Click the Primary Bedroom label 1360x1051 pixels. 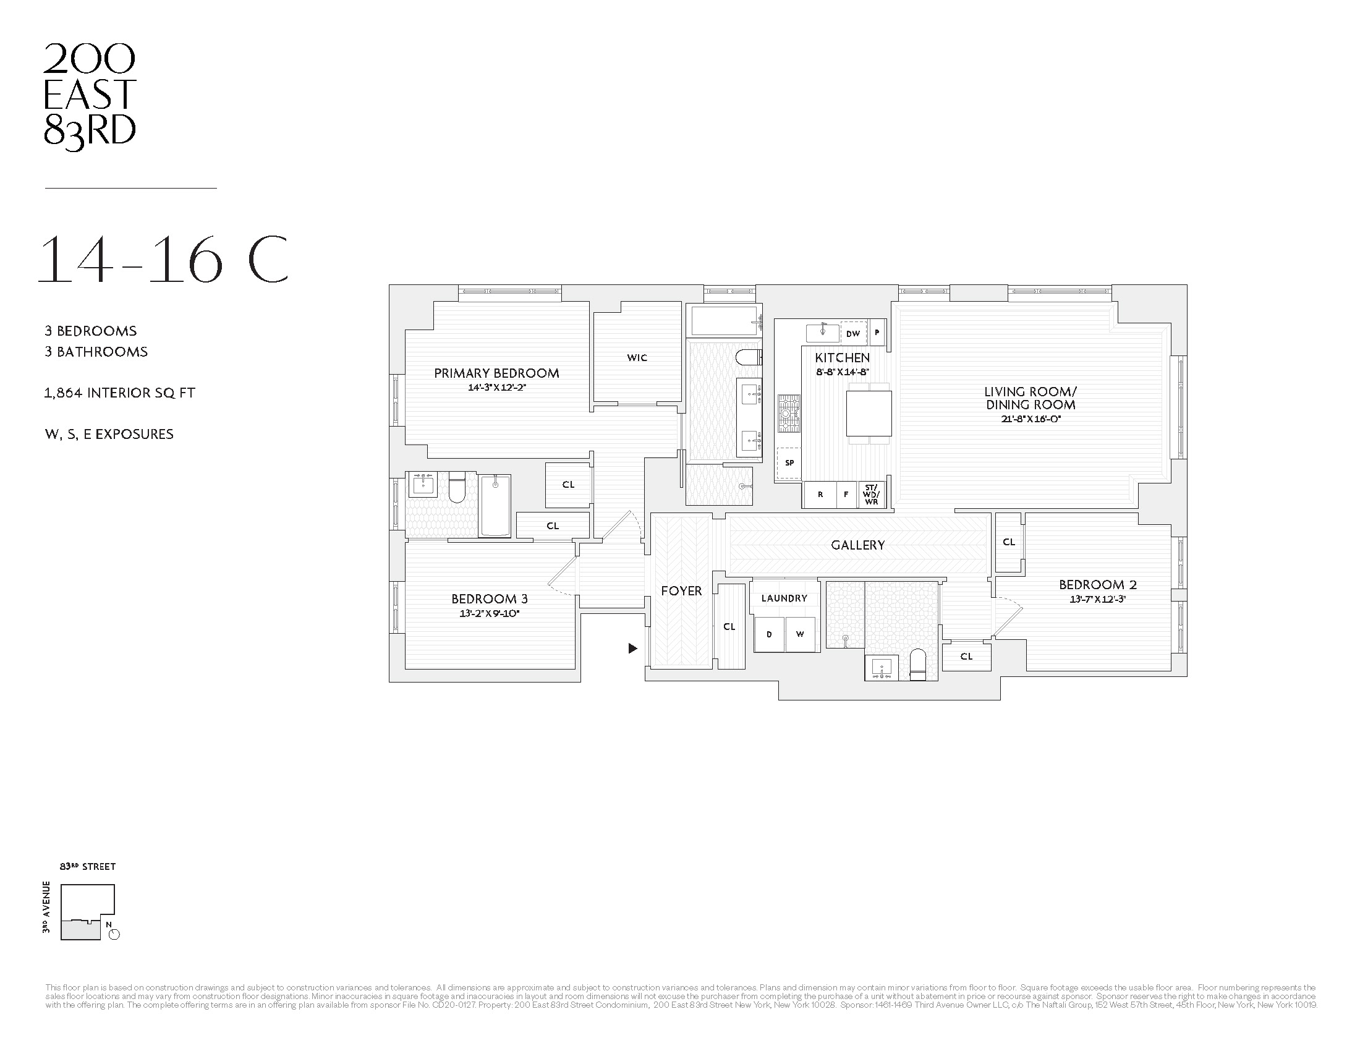tap(496, 373)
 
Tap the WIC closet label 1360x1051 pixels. tap(637, 357)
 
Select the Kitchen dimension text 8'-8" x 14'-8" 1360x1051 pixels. tap(843, 372)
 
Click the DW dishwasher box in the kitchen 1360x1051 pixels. tap(853, 333)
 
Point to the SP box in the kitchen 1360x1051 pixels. tap(789, 462)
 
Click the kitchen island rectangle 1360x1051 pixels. tap(869, 414)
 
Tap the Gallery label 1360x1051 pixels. tap(857, 545)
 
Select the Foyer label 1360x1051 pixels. tap(681, 590)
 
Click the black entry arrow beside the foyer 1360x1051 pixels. tap(632, 648)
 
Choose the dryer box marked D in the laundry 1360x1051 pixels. tap(769, 634)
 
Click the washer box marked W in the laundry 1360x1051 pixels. tap(800, 634)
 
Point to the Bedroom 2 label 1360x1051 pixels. tap(1098, 584)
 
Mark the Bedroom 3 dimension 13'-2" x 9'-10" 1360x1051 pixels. tap(489, 613)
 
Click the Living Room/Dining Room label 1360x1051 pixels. tap(1030, 398)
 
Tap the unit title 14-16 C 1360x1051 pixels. tap(163, 259)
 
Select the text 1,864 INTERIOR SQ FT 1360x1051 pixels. tap(119, 393)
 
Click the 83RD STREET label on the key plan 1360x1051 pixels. tap(88, 867)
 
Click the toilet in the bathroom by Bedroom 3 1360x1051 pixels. tap(457, 488)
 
